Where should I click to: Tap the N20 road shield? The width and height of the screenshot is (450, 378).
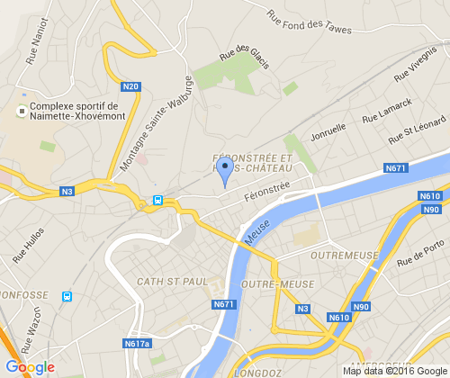point(131,86)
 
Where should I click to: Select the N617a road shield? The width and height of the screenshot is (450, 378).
point(137,343)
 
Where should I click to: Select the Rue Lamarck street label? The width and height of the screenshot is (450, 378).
point(386,111)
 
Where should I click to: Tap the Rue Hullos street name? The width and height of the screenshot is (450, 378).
point(28,244)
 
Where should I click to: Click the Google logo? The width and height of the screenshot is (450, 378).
point(30,367)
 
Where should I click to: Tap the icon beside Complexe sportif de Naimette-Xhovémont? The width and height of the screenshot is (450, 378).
point(21,112)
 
